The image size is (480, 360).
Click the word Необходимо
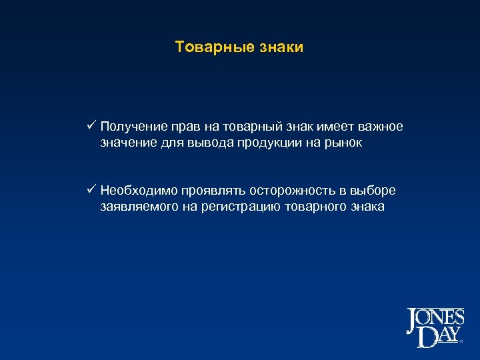point(138,191)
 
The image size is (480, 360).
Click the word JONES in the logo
point(435,320)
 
